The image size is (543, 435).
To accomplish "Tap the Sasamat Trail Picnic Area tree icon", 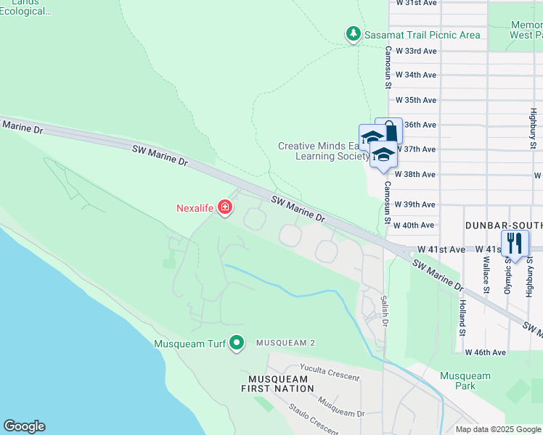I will click(x=353, y=34).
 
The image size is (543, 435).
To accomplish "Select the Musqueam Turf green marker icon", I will click(x=237, y=343).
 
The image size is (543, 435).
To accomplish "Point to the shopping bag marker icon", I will click(x=390, y=131).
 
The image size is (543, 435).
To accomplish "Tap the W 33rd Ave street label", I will click(x=420, y=51).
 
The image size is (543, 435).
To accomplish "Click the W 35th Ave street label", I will click(x=420, y=100).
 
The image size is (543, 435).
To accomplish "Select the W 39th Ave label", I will click(x=420, y=204).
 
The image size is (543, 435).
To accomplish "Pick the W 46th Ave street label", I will click(x=485, y=352).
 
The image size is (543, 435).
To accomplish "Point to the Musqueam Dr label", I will click(x=340, y=410).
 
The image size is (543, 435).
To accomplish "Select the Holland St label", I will click(x=462, y=312).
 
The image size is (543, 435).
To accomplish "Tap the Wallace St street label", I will click(x=485, y=276).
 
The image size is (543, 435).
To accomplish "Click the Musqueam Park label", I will click(x=465, y=381).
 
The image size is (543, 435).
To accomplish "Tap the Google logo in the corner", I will click(x=24, y=426).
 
